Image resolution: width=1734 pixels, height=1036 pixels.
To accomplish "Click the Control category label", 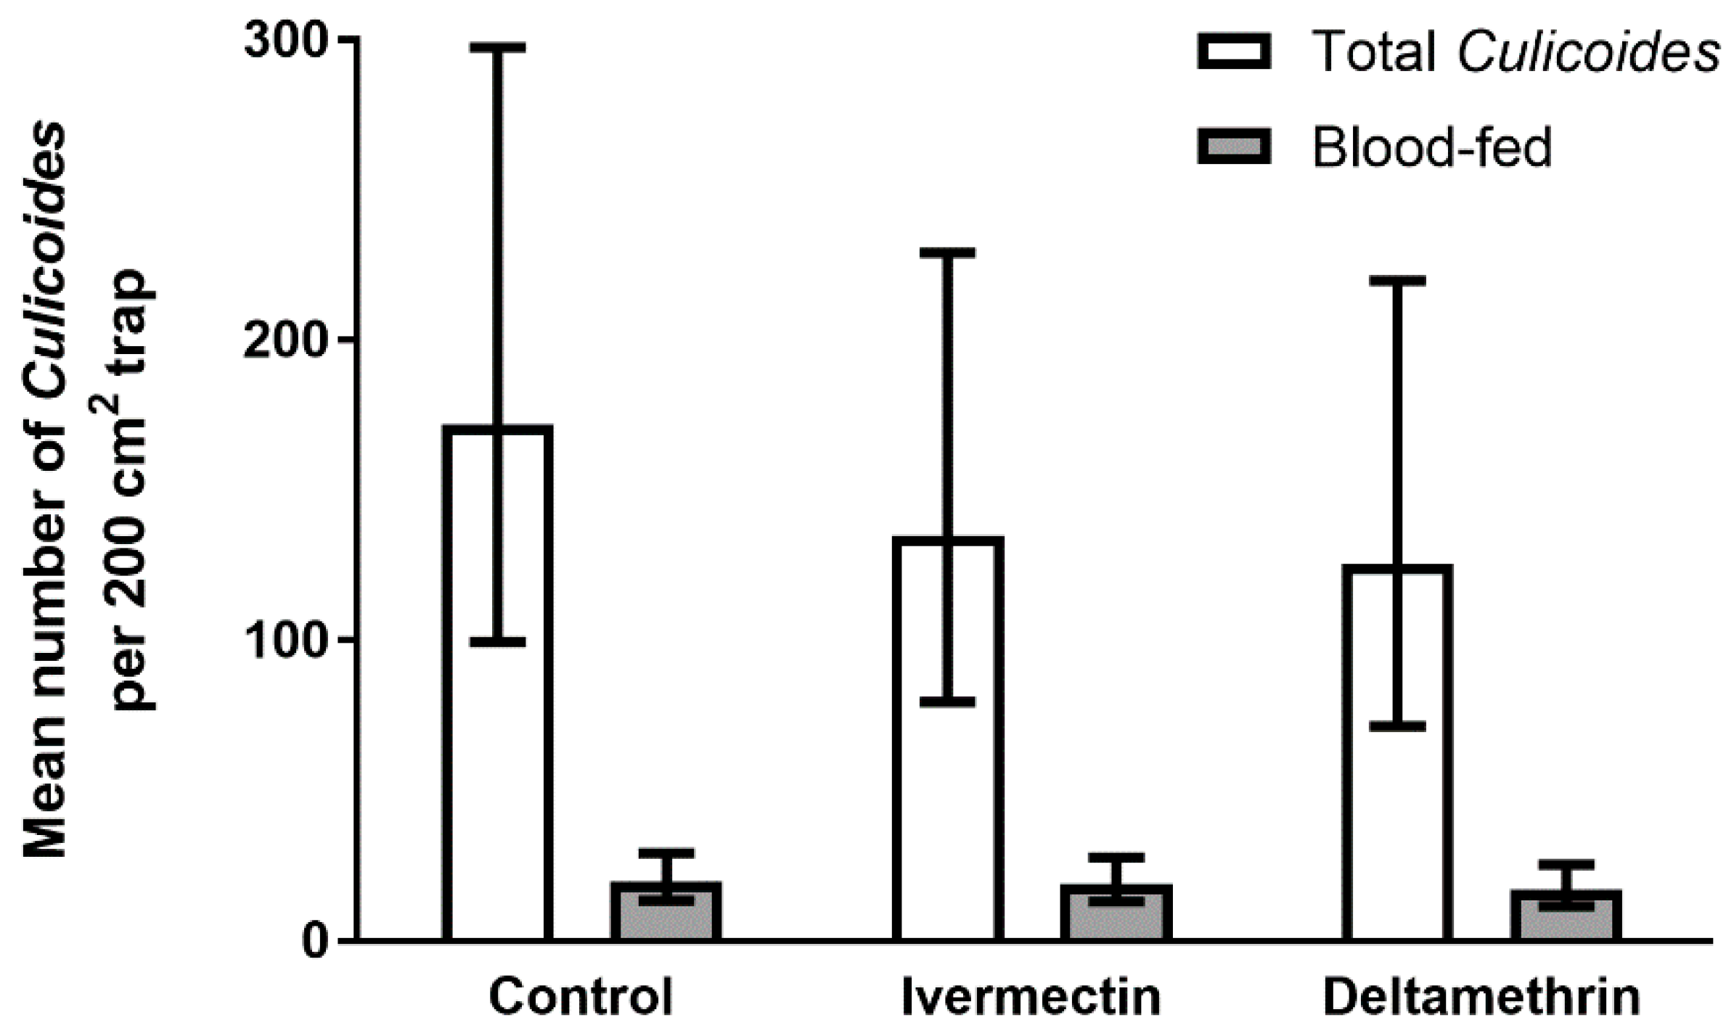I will pos(581,999).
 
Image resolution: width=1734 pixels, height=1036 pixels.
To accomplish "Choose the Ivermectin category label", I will pos(1031,999).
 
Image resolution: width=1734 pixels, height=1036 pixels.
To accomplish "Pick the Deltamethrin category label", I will pos(1481,999).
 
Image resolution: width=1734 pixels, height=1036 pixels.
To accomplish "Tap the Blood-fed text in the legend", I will pos(1431,148).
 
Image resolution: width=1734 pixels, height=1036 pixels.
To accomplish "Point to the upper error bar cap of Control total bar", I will pos(498,48).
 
